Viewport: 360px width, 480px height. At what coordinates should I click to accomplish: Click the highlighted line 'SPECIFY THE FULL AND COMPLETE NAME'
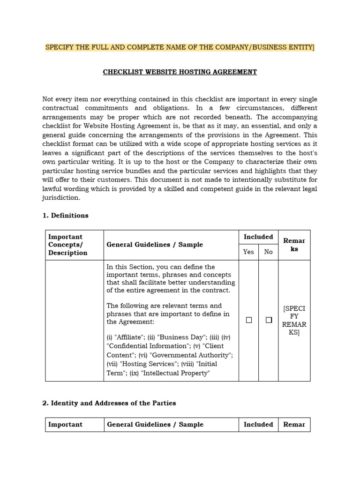(x=180, y=47)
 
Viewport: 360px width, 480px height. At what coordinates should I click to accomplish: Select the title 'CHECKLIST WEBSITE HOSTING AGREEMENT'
(x=180, y=72)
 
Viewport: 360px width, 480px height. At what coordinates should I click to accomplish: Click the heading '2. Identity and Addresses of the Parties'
(x=109, y=403)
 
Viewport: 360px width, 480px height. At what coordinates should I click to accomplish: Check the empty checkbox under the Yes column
(x=249, y=320)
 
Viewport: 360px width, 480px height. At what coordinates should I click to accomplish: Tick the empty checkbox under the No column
(x=269, y=320)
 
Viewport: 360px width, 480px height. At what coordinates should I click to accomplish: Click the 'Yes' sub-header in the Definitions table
(x=248, y=252)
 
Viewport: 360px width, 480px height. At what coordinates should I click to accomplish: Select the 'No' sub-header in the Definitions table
(x=268, y=252)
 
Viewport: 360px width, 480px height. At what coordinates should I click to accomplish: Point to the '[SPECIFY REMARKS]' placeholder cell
(x=294, y=320)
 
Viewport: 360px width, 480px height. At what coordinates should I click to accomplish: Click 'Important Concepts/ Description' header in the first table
(x=68, y=245)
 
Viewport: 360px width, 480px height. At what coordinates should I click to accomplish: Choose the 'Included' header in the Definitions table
(x=258, y=237)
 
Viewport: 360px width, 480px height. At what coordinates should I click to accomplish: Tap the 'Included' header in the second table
(x=258, y=425)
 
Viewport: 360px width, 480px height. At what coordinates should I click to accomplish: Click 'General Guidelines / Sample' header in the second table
(x=155, y=425)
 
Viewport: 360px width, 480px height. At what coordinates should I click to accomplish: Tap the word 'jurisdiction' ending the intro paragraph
(x=61, y=198)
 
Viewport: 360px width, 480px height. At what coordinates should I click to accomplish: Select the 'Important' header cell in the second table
(x=65, y=425)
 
